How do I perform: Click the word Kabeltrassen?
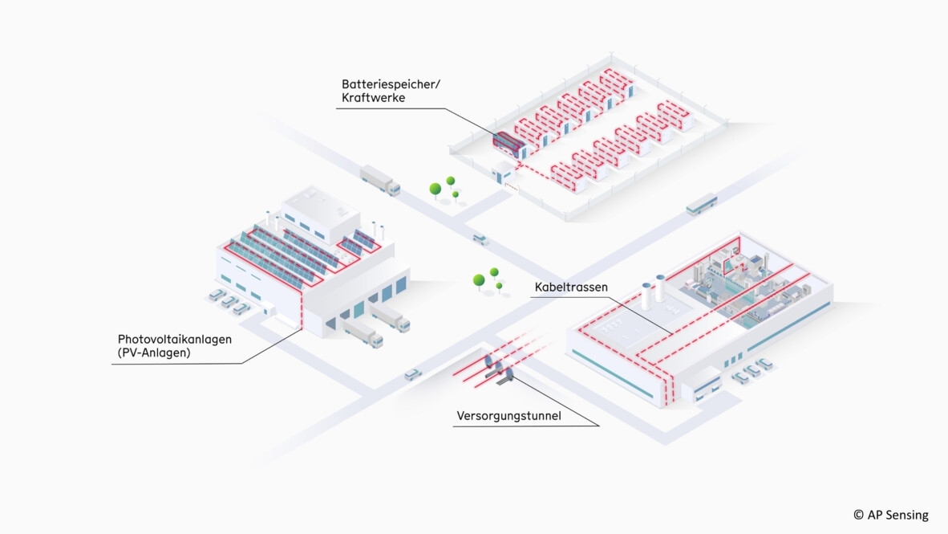tap(571, 287)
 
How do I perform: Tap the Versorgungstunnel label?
tap(508, 416)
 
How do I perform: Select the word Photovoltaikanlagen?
tap(175, 339)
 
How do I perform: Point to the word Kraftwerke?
tap(373, 97)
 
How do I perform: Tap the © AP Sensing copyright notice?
tap(890, 515)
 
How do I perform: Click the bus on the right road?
tap(701, 204)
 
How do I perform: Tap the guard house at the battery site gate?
tap(502, 171)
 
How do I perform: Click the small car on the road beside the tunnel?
tap(412, 374)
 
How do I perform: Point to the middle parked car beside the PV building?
tap(229, 302)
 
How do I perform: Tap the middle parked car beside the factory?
tap(752, 371)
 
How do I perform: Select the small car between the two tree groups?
tap(480, 239)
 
